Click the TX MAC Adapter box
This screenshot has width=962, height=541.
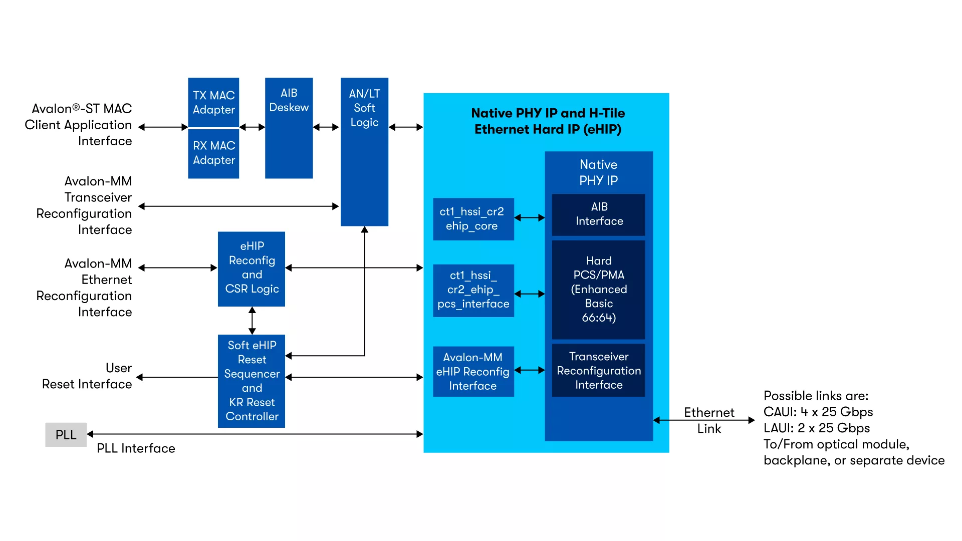213,102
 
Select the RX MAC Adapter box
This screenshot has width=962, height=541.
213,153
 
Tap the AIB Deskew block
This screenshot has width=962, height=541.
289,128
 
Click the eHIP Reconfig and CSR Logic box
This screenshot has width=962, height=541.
252,268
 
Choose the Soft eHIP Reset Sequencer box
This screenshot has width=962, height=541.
252,381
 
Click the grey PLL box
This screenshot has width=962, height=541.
66,434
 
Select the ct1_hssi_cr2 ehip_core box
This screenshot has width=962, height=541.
473,219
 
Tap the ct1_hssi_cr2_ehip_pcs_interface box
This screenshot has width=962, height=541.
473,290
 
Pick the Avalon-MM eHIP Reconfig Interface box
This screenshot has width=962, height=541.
473,371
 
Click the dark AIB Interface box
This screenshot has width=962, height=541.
598,214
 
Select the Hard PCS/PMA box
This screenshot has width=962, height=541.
598,290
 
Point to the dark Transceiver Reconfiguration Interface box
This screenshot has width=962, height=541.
598,370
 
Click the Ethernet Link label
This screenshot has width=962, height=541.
708,420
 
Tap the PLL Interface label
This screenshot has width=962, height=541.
136,448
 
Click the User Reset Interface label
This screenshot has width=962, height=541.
87,376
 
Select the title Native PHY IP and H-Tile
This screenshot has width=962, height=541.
548,113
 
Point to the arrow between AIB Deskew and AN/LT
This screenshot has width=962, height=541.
326,127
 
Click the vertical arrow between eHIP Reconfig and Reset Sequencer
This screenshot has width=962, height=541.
252,321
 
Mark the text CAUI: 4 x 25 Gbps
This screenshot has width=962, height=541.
818,412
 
